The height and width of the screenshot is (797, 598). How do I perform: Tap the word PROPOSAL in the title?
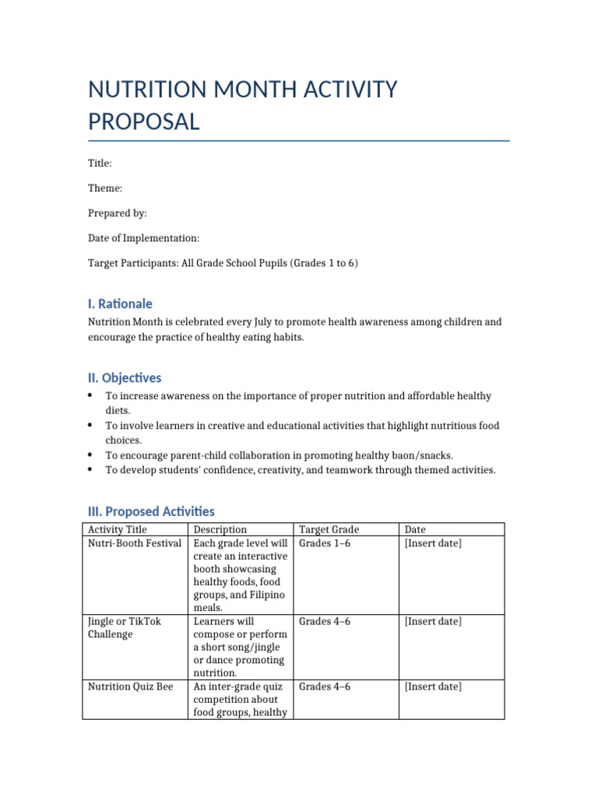(143, 122)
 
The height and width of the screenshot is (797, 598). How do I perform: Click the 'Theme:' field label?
(104, 188)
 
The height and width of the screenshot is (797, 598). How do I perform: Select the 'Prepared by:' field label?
(117, 213)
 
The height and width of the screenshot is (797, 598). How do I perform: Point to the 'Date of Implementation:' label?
(143, 238)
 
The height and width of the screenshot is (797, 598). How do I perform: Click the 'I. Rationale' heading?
(120, 304)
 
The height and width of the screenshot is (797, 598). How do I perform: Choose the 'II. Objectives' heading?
(125, 377)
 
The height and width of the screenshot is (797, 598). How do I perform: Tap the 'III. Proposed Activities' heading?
(151, 511)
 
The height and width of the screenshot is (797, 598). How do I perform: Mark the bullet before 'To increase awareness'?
(91, 396)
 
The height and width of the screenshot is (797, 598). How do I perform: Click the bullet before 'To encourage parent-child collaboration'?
(91, 455)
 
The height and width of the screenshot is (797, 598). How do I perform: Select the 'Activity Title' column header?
(117, 530)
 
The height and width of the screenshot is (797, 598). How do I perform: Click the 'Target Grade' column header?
(329, 530)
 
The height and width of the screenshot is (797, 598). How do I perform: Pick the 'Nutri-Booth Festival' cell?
(134, 543)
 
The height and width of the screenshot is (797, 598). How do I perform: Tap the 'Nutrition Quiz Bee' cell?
(130, 686)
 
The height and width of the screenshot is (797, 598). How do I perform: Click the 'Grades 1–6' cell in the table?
(325, 543)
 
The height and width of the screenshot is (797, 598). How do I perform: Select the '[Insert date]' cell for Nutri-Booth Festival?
(433, 543)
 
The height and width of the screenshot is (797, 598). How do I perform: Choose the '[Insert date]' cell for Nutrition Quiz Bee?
(433, 686)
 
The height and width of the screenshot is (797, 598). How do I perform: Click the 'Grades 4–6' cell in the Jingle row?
(325, 621)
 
